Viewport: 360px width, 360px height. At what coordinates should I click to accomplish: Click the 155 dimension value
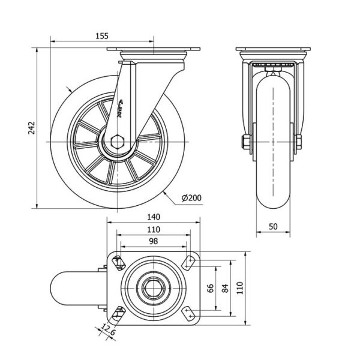coord(101,36)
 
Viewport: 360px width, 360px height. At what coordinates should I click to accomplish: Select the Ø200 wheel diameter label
coord(191,198)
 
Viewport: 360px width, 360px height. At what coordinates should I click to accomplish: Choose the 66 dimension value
coord(210,288)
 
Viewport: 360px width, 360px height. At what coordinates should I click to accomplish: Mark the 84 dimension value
coord(226,288)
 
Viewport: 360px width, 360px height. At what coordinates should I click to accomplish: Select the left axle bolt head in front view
coord(245,142)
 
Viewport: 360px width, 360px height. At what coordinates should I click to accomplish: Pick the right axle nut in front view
coord(297,142)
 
